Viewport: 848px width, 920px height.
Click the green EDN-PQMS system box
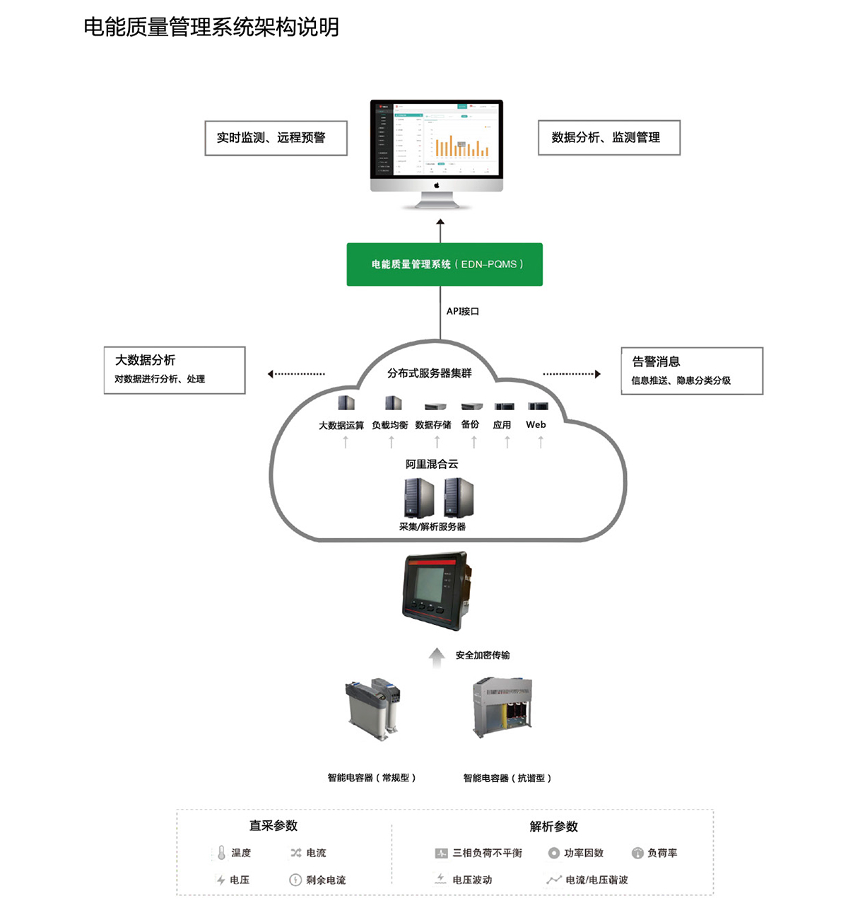[444, 264]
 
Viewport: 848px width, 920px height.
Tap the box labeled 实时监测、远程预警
[276, 138]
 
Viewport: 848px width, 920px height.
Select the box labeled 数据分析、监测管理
[608, 138]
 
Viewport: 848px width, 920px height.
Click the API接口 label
[463, 311]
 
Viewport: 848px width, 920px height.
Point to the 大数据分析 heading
[146, 361]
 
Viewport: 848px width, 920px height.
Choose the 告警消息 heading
[656, 362]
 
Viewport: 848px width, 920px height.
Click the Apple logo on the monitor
[437, 185]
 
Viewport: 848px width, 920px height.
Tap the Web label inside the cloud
[536, 425]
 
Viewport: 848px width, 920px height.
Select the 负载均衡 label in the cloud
[390, 425]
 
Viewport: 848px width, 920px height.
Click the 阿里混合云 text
[432, 465]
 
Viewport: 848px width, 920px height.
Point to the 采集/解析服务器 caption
[432, 527]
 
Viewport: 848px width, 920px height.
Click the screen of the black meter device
[429, 584]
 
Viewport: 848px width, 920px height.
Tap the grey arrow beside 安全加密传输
[437, 658]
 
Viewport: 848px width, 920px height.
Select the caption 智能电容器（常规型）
[372, 778]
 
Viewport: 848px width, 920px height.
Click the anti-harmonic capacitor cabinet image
[502, 707]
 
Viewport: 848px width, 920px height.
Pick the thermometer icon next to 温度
[221, 853]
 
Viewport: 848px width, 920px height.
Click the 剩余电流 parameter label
[326, 880]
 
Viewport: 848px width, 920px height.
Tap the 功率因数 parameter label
[584, 854]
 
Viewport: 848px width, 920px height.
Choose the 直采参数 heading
[273, 826]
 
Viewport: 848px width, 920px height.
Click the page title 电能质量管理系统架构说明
[211, 28]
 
